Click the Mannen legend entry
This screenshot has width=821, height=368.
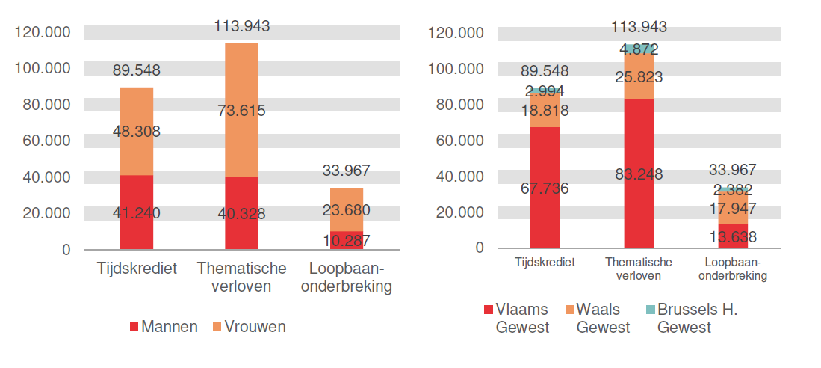point(164,327)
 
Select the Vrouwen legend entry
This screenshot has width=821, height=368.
point(249,327)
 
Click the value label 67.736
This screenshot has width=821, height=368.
point(544,188)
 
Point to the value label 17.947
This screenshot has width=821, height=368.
point(733,209)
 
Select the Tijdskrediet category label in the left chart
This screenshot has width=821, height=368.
point(137,269)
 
